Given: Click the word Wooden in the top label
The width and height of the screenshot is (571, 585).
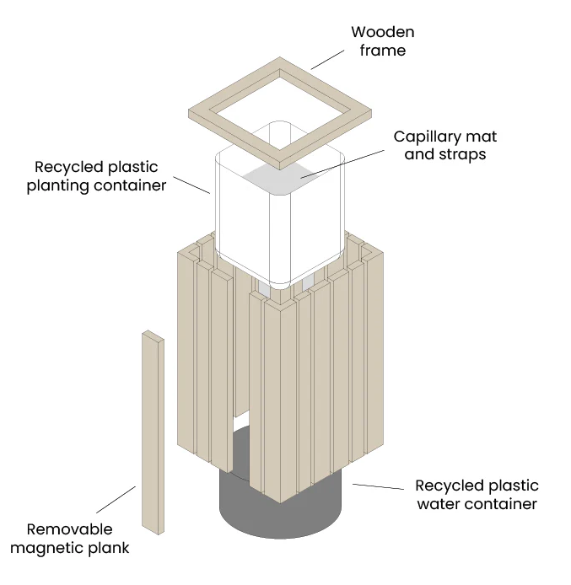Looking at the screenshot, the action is click(x=383, y=32).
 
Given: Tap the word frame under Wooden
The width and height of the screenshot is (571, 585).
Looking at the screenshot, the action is click(x=383, y=51).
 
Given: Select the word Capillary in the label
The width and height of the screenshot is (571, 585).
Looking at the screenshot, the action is click(x=424, y=137).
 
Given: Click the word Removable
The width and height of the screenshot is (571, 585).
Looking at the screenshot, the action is click(x=69, y=529).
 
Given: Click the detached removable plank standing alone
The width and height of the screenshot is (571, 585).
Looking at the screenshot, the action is click(x=153, y=432).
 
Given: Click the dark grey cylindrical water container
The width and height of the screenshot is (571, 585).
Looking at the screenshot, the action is click(x=280, y=515).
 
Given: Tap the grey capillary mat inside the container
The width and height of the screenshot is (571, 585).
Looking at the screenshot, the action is click(x=281, y=179).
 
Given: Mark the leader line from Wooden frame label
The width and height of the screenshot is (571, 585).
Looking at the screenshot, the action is click(x=328, y=60).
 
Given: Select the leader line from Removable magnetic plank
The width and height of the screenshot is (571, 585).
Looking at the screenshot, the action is click(x=116, y=500).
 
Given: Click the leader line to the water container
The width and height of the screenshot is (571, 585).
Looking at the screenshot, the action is click(x=378, y=486).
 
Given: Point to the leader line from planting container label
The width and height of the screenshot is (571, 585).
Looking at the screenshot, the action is click(x=191, y=185).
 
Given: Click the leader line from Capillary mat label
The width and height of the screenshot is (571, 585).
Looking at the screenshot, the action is click(x=342, y=164).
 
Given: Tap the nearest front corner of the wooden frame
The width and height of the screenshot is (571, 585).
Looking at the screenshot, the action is click(x=280, y=169).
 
